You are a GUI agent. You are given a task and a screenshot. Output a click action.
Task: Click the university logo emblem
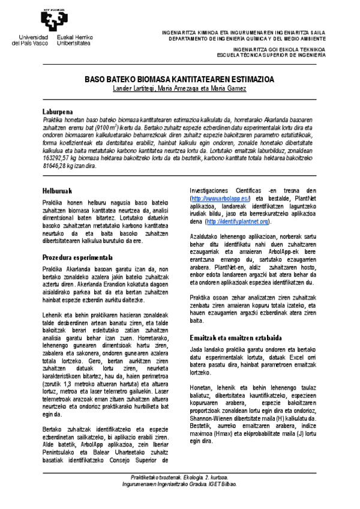click(x=51, y=19)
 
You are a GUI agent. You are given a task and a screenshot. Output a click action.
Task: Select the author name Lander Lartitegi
click(x=134, y=89)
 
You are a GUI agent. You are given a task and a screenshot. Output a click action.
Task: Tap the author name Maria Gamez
click(x=227, y=89)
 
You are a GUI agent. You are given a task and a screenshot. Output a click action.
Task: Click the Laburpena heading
click(x=58, y=112)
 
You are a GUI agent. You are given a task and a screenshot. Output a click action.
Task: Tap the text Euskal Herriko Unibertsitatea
click(x=73, y=41)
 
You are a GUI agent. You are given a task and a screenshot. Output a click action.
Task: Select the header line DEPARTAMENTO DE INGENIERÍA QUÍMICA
click(x=248, y=38)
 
